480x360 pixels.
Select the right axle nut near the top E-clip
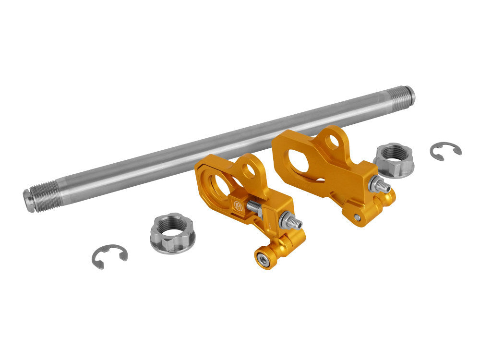coord(394,159)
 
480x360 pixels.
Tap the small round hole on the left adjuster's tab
coord(249,171)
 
